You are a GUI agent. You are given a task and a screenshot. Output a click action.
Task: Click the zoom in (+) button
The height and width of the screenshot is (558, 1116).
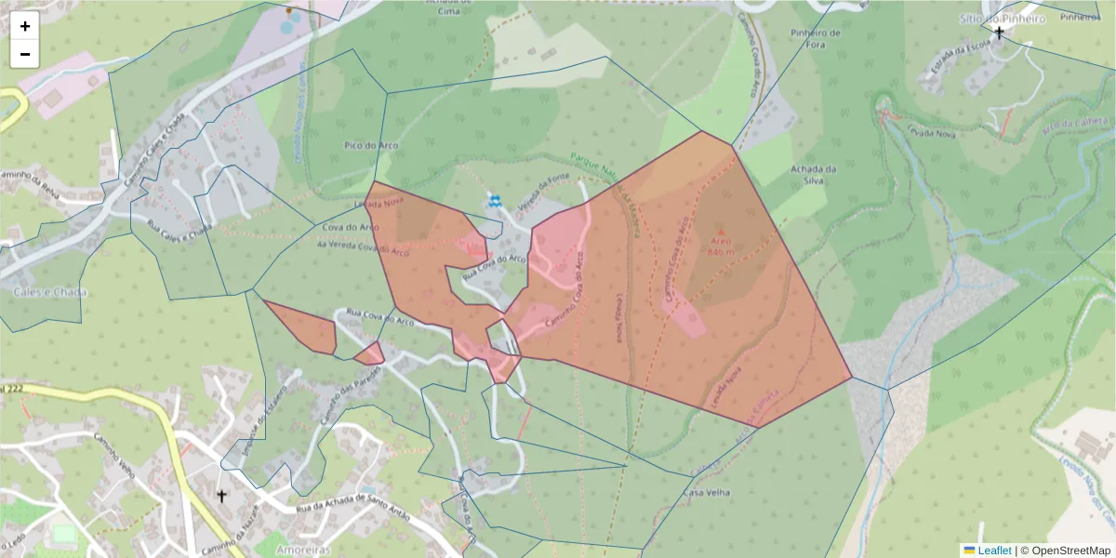(x=25, y=26)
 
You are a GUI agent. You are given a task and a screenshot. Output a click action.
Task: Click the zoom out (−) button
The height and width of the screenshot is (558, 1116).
(x=25, y=54)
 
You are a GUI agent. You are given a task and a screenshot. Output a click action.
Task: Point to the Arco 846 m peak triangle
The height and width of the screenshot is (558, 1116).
(x=720, y=230)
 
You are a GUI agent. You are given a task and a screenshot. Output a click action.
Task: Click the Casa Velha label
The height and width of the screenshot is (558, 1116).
(x=707, y=492)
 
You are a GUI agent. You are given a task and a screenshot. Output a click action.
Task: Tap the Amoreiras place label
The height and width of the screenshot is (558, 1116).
(x=304, y=550)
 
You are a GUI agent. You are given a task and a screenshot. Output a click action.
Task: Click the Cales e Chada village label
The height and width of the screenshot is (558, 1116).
(x=50, y=292)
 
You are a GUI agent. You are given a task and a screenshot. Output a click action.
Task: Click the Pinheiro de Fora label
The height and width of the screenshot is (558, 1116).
(x=815, y=38)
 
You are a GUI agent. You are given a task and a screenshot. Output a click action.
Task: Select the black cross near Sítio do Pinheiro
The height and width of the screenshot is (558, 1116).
(x=1000, y=33)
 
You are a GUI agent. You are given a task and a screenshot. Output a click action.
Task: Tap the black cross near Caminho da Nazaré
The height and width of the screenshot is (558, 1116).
(x=221, y=496)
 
